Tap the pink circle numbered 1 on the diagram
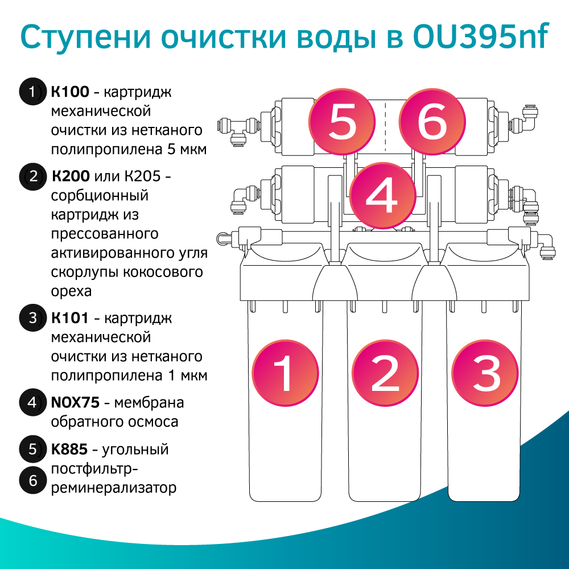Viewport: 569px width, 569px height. point(283,374)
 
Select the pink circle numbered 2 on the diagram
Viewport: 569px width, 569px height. point(385,374)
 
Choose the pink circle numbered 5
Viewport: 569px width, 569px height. point(343,123)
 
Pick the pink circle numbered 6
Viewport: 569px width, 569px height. point(432,123)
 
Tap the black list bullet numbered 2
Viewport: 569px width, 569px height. point(32,176)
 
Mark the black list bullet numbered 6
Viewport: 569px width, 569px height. point(32,481)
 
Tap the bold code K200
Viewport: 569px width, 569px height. point(71,176)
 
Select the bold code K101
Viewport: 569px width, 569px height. point(69,318)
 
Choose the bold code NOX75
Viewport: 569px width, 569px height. point(76,403)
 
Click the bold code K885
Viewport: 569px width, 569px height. point(69,450)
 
